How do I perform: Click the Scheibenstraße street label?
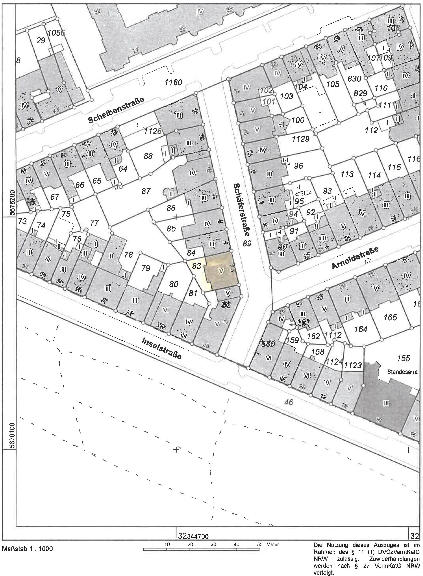point(116,110)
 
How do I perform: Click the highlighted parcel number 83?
point(196,266)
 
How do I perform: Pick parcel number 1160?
point(173,82)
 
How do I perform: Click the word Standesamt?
point(402,372)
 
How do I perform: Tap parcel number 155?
point(403,358)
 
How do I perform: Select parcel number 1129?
point(301,139)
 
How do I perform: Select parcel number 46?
point(289,402)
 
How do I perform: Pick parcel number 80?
point(174,284)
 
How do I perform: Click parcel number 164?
point(361,329)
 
